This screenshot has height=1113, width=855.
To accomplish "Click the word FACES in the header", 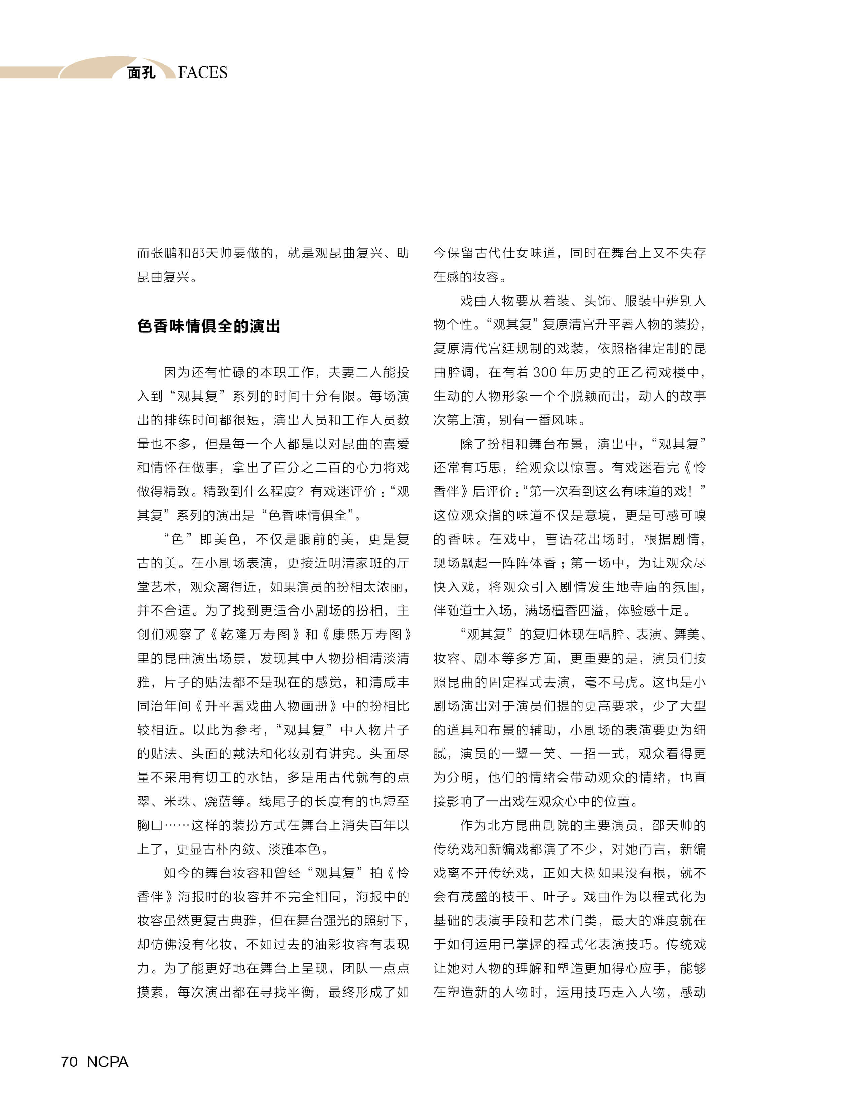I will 203,73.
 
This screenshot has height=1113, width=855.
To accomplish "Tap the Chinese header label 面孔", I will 141,73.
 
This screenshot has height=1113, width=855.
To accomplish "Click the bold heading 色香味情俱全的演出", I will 209,326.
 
